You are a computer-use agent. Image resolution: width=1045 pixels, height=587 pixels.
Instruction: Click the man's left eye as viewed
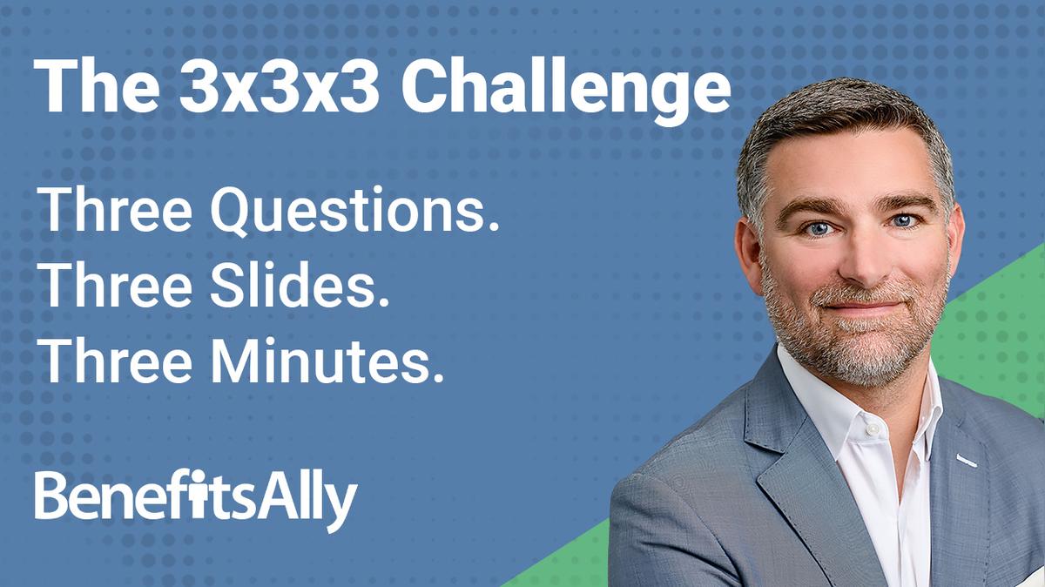pos(818,228)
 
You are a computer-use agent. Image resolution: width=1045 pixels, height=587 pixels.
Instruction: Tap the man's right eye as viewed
pos(902,221)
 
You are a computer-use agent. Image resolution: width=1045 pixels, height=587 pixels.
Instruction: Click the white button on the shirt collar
pos(870,429)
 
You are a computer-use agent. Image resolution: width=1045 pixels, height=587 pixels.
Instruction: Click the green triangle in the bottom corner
pos(1001,314)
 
